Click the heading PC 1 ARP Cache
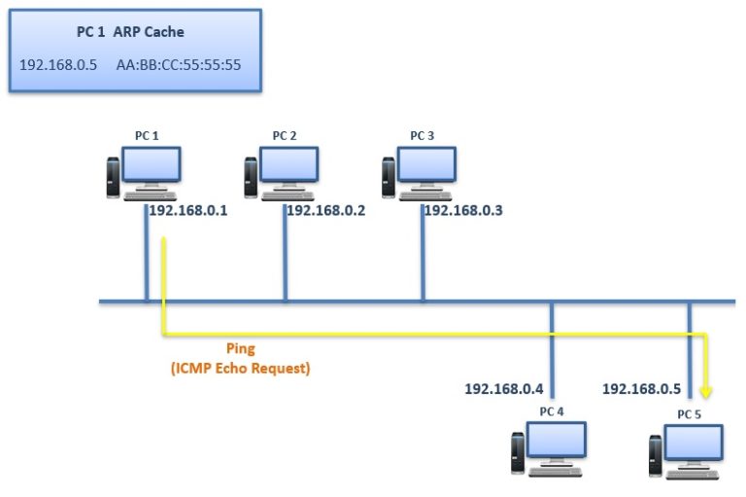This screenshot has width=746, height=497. point(130,32)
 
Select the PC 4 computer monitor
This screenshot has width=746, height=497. point(556,440)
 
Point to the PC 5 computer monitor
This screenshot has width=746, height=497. point(693,443)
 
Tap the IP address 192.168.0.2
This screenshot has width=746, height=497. point(325,210)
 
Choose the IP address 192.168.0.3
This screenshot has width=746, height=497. point(463,210)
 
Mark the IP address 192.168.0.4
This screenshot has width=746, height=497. point(503,389)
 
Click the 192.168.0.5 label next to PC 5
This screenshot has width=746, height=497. point(641,389)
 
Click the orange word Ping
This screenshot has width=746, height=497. point(241,349)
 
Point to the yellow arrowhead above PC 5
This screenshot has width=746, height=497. point(707,392)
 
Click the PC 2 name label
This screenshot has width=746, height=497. point(285,135)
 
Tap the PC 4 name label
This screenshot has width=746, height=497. point(551,411)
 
